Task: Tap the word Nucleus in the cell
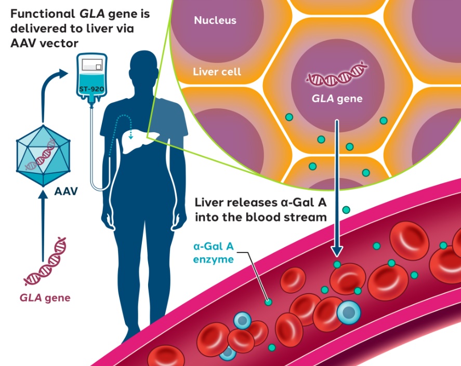pyautogui.click(x=215, y=21)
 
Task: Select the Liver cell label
pyautogui.click(x=217, y=71)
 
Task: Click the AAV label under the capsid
pyautogui.click(x=66, y=191)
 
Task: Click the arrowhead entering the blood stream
pyautogui.click(x=337, y=251)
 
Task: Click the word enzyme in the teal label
pyautogui.click(x=216, y=259)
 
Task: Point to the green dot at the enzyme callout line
pyautogui.click(x=268, y=301)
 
